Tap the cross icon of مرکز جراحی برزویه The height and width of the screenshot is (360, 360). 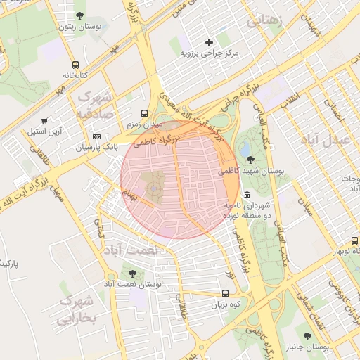pos(209,42)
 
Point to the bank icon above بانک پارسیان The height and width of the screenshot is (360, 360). pos(96,136)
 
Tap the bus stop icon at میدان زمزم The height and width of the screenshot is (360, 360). pos(144,112)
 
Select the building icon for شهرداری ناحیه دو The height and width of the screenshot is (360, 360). pos(247,195)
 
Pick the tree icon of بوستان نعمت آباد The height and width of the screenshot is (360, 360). pos(131,273)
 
